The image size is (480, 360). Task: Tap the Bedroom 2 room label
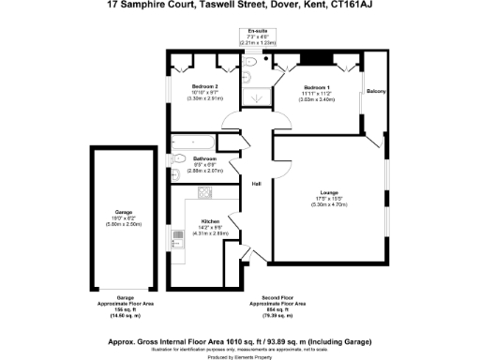[203, 85]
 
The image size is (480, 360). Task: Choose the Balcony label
[377, 91]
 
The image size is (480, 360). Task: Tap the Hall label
[256, 182]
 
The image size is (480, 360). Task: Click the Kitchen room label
[210, 221]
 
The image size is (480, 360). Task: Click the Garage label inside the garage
[124, 213]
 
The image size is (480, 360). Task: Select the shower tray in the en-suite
[256, 95]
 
